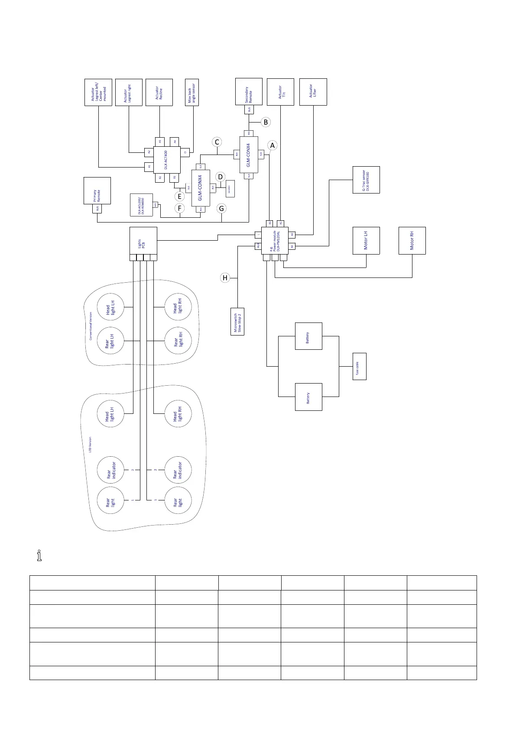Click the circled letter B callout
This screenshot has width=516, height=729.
point(266,122)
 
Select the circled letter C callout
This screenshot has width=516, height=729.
point(217,142)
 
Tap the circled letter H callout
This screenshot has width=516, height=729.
point(224,278)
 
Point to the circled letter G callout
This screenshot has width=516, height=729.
point(221,209)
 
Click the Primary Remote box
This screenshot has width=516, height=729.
point(97,190)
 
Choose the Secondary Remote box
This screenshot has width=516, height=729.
point(249,91)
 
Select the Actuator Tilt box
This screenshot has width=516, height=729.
point(280,92)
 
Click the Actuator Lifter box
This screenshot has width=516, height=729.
point(313,92)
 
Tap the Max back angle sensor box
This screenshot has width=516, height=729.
point(191,92)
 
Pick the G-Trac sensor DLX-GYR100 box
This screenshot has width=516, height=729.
point(367,180)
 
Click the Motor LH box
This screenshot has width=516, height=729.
point(366,240)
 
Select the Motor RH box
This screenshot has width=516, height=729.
point(412,240)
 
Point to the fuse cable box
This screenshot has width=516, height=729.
point(359,366)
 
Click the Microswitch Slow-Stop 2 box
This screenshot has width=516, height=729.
point(237,321)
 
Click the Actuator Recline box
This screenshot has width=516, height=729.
point(159,92)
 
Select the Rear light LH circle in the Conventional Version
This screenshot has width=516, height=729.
point(110,341)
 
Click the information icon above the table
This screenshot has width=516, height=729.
point(39,556)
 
